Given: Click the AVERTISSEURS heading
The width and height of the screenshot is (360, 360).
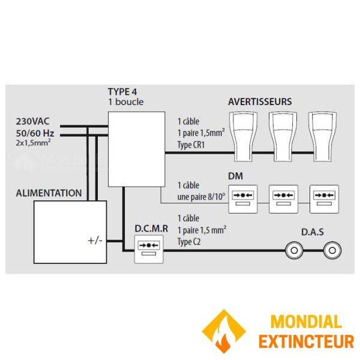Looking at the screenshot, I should pos(260,102).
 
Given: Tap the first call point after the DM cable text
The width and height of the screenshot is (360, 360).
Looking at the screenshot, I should pos(244,198).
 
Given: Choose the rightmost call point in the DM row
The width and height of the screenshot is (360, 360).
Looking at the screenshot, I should pos(324,198).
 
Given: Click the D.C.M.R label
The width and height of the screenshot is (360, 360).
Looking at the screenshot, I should pos(148,229).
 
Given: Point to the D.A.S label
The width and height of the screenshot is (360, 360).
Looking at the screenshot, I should pos(313,231).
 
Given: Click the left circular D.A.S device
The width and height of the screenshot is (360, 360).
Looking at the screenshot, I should pos(295,251).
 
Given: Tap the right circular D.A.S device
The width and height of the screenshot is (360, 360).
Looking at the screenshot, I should pos(331,251).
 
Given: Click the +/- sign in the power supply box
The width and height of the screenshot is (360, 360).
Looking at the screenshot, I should pos(95,241).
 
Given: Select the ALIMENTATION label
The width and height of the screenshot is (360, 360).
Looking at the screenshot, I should pos(49,193).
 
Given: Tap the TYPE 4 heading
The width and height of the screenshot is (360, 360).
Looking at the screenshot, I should pos(122,92).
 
